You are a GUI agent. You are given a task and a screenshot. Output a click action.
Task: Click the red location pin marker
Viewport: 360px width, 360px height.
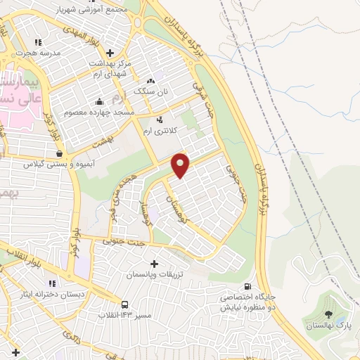tap(181, 165)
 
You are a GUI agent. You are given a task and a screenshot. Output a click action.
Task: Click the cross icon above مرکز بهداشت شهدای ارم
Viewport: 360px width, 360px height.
tap(110, 52)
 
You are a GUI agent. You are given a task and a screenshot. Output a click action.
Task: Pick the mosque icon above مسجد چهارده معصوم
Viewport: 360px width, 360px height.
tap(99, 101)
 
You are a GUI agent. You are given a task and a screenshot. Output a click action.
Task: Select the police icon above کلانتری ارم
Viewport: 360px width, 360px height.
tap(161, 120)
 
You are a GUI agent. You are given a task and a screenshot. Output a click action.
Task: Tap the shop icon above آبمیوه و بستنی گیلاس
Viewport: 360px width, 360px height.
tap(58, 153)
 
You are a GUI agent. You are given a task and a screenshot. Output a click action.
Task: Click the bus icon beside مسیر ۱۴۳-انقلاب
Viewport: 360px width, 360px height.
tap(125, 304)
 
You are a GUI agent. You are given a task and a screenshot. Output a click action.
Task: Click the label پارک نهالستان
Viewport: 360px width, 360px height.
tap(328, 326)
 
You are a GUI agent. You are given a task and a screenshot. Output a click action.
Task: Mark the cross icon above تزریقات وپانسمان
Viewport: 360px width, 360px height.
tap(155, 263)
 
